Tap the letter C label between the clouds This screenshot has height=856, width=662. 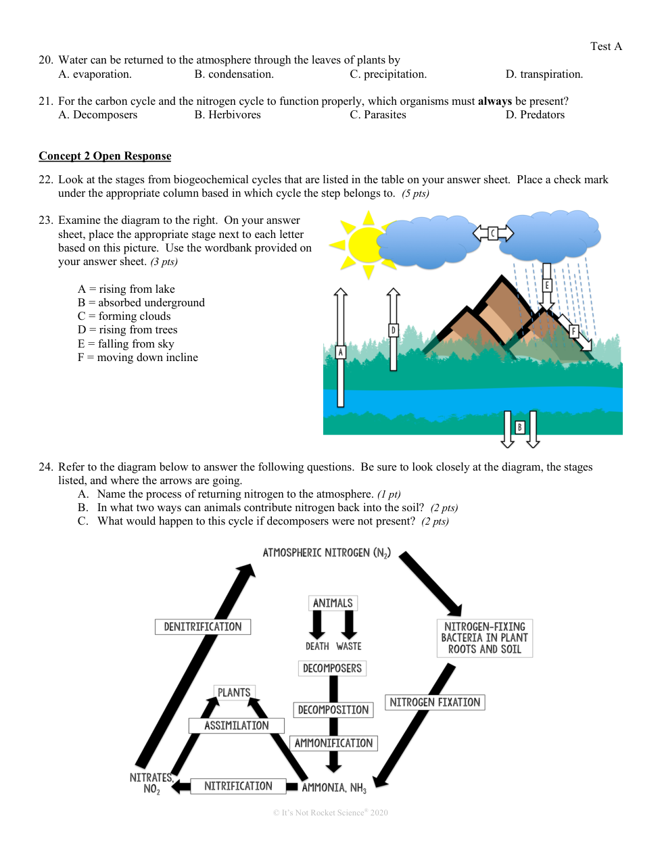click(493, 234)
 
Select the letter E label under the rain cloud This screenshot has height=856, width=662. click(546, 285)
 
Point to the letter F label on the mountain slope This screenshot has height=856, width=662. click(573, 331)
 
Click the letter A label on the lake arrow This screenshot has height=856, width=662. click(341, 352)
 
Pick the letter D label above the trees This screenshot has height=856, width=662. click(393, 330)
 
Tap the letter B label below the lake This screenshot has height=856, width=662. click(519, 427)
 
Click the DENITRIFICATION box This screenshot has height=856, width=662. click(203, 627)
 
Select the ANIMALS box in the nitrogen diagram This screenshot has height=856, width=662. click(333, 603)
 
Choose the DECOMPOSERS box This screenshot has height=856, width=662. click(332, 668)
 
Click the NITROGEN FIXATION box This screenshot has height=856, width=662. click(435, 703)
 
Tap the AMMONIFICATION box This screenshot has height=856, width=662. click(333, 743)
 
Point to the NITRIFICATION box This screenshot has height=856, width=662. click(238, 786)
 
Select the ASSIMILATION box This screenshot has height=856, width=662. click(236, 726)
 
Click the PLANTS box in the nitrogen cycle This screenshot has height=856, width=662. click(234, 692)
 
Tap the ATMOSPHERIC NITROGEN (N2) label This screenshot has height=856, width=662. click(327, 553)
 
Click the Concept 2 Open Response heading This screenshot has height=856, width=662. click(105, 156)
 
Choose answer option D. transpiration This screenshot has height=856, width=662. click(544, 74)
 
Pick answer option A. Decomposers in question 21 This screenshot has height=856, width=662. click(98, 115)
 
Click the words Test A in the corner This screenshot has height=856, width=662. click(606, 46)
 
